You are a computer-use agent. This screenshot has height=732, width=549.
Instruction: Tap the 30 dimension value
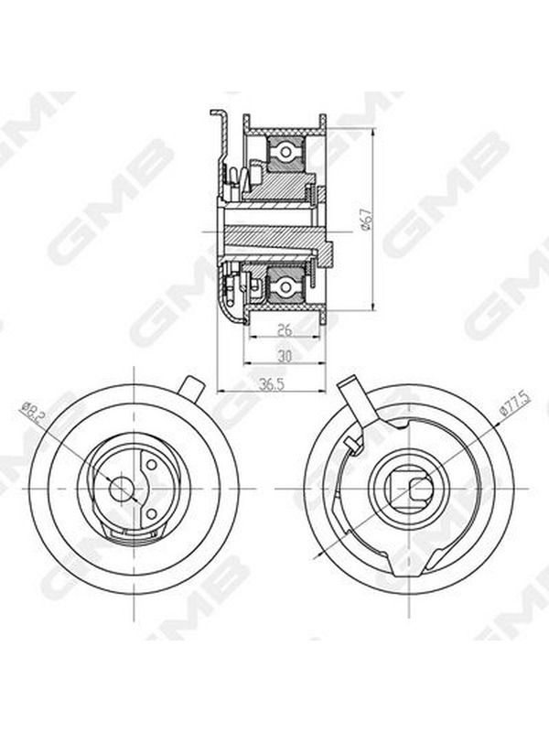point(284,357)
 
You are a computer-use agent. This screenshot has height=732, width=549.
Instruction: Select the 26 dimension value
point(285,330)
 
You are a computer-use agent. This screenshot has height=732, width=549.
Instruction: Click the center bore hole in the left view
point(121,489)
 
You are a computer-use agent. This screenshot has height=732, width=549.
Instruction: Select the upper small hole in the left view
point(150,465)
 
